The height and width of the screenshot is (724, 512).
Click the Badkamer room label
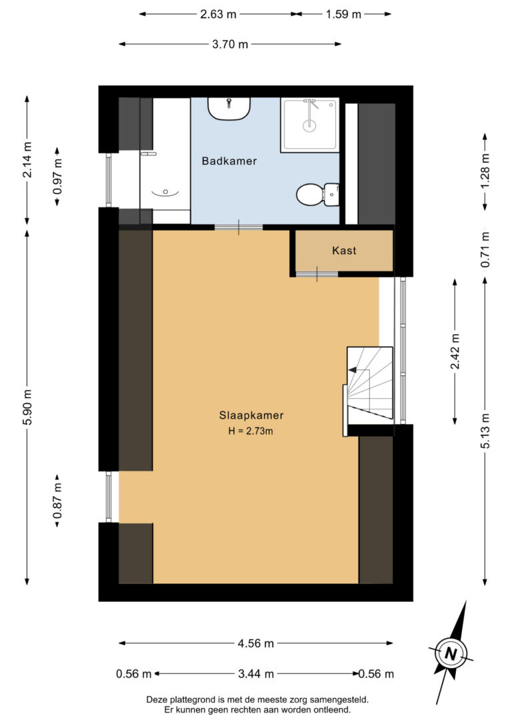[x=229, y=161]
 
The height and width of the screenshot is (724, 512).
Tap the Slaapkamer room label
[x=251, y=415]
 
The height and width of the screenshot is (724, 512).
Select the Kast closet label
[x=344, y=251]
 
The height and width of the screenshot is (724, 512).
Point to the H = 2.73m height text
[x=251, y=431]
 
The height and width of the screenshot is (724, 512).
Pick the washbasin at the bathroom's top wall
[x=229, y=108]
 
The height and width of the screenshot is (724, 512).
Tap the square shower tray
[x=309, y=124]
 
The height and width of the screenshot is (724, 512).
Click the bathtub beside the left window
[x=165, y=160]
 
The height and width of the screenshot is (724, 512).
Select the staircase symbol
[x=369, y=385]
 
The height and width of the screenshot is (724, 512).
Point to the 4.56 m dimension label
[x=255, y=643]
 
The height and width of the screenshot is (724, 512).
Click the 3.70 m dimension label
[x=229, y=45]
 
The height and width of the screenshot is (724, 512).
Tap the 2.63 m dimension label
[x=218, y=14]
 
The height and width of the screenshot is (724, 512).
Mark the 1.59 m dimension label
[x=343, y=14]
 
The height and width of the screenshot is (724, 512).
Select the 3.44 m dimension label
[x=255, y=674]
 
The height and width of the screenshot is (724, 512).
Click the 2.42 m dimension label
[x=455, y=351]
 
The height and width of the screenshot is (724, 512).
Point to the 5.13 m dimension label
[x=485, y=432]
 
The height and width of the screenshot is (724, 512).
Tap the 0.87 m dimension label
[x=58, y=500]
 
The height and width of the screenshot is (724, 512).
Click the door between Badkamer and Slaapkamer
[x=239, y=228]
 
